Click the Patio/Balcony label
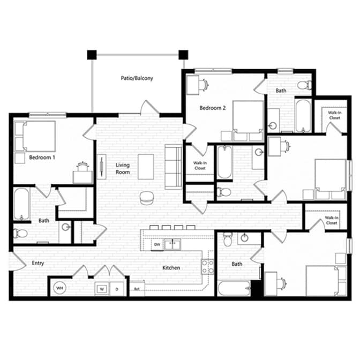tap(137, 78)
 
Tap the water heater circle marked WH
tap(59, 288)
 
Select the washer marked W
tap(102, 289)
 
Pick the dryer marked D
tap(117, 289)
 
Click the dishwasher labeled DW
tap(157, 244)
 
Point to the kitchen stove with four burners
tap(208, 267)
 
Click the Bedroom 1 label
tap(42, 157)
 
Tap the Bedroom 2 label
tap(213, 108)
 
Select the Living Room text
tap(123, 169)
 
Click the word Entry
tap(38, 263)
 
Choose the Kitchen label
tap(171, 268)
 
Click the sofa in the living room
tap(174, 167)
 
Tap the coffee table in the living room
tap(146, 167)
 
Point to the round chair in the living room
tap(147, 198)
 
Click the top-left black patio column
tap(92, 55)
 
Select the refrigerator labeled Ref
tap(137, 288)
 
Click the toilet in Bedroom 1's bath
tap(20, 234)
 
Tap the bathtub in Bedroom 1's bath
tap(22, 204)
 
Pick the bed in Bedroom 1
tap(35, 136)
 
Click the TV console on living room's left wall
tap(101, 167)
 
